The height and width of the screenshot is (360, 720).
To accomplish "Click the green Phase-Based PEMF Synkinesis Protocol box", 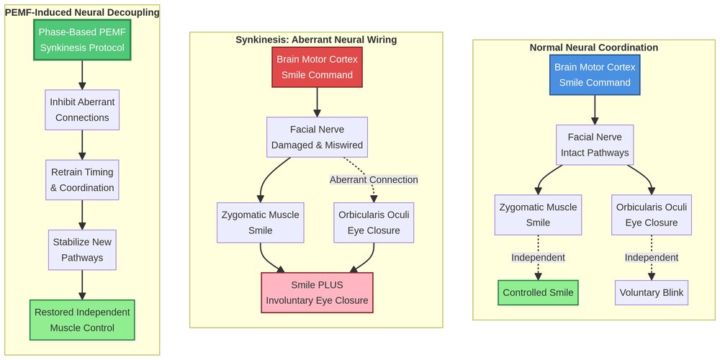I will pyautogui.click(x=81, y=40).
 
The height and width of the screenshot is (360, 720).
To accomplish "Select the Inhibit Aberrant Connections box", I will pyautogui.click(x=81, y=109).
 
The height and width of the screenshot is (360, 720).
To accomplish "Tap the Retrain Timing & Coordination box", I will pyautogui.click(x=81, y=180).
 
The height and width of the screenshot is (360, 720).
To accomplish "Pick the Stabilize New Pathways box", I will pyautogui.click(x=81, y=250).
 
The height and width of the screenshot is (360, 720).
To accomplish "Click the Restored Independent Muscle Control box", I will pyautogui.click(x=81, y=320).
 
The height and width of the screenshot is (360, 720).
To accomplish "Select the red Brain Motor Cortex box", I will pyautogui.click(x=317, y=67).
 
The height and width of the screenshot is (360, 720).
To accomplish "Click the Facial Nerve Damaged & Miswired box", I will pyautogui.click(x=317, y=138).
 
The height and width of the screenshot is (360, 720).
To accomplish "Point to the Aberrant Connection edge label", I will pyautogui.click(x=374, y=179).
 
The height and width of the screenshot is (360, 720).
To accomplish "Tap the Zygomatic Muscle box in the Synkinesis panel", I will pyautogui.click(x=260, y=222).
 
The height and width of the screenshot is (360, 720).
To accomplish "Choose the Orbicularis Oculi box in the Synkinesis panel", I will pyautogui.click(x=374, y=222).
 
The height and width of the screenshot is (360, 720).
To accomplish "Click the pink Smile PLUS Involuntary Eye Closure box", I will pyautogui.click(x=317, y=292).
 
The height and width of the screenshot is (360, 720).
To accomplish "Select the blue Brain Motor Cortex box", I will pyautogui.click(x=595, y=74).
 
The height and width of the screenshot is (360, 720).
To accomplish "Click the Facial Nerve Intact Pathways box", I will pyautogui.click(x=595, y=145).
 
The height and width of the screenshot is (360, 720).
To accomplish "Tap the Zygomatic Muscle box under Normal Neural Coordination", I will pyautogui.click(x=538, y=215).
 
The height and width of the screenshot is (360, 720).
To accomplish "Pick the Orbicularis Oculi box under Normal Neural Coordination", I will pyautogui.click(x=652, y=215).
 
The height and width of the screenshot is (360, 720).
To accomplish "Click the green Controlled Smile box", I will pyautogui.click(x=538, y=293).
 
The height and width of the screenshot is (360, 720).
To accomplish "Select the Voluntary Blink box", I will pyautogui.click(x=652, y=293).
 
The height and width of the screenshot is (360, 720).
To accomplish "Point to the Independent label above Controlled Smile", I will pyautogui.click(x=538, y=258).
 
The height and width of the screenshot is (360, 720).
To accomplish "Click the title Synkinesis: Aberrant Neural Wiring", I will pyautogui.click(x=316, y=40).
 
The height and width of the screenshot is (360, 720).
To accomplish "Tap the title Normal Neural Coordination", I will pyautogui.click(x=594, y=48).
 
